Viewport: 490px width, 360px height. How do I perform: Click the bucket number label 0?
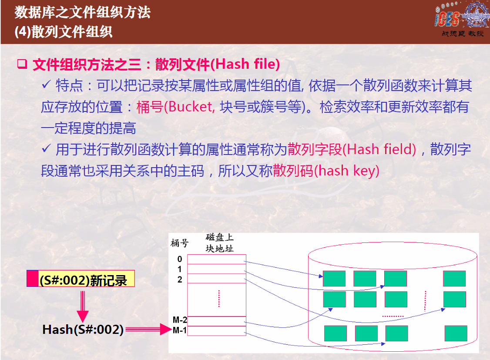click(x=180, y=259)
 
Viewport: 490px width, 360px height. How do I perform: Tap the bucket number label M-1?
click(x=180, y=330)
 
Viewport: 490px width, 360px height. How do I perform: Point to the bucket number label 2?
click(x=180, y=279)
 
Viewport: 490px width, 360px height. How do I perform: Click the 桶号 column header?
click(x=179, y=242)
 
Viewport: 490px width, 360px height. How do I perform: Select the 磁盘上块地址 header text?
click(x=219, y=243)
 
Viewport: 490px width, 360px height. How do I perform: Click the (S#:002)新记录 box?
click(x=81, y=279)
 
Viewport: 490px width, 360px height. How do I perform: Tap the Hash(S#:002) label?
click(x=83, y=330)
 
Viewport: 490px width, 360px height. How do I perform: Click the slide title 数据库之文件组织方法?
click(x=82, y=12)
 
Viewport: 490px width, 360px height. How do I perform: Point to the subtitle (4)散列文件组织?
click(x=64, y=32)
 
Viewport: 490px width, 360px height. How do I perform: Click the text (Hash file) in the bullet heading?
click(x=245, y=64)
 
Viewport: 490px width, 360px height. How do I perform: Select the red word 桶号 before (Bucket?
click(x=150, y=107)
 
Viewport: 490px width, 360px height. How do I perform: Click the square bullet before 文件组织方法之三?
click(x=22, y=64)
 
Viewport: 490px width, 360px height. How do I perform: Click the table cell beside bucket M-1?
click(x=217, y=331)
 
